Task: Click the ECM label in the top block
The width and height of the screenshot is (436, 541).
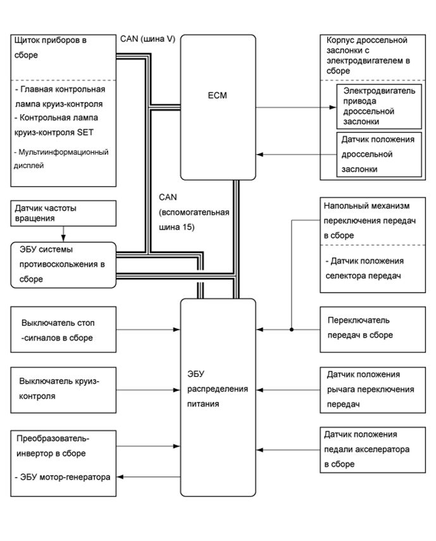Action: (218, 96)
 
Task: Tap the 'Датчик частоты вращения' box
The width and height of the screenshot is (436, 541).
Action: (63, 213)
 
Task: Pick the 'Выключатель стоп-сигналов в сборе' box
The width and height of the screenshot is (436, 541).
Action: (63, 329)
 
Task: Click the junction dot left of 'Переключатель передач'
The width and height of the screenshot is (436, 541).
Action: (291, 329)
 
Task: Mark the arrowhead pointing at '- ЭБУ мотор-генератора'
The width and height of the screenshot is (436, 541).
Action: (123, 477)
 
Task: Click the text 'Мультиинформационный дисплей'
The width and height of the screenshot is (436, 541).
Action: (61, 159)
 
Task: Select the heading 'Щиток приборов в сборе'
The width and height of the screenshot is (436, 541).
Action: (51, 48)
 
